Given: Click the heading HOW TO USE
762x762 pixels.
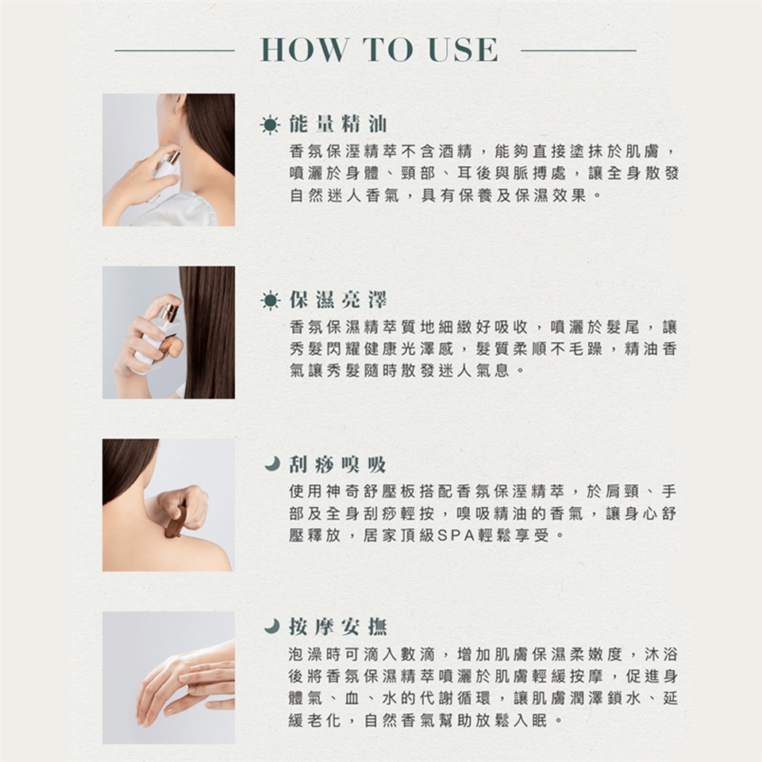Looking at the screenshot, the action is coord(379,49).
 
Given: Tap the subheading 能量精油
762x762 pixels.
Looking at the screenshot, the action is coord(338,124).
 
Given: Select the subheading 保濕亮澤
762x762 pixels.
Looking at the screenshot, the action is coord(338,300).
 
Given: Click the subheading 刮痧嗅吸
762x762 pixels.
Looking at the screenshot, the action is coord(338,464).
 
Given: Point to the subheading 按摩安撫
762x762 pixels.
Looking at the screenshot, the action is coord(338,626).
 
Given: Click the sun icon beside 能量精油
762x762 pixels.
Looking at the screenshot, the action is coord(270,125).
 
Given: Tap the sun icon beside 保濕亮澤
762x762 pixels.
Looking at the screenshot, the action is coord(270,301).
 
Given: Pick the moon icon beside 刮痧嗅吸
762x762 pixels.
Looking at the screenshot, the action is coord(272,464).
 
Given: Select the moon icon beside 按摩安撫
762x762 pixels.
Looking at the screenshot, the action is coord(272,625).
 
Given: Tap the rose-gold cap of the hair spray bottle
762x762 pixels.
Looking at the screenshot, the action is coord(170,311).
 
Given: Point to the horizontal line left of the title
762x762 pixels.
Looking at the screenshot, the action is coord(175,50).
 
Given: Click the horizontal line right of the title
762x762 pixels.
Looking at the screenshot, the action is coord(579,50).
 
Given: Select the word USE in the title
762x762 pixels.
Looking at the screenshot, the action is coord(463,49).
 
